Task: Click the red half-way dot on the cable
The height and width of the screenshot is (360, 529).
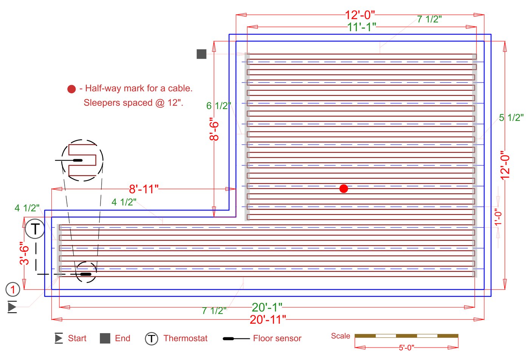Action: point(343,188)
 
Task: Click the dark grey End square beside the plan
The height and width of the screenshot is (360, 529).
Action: point(201,54)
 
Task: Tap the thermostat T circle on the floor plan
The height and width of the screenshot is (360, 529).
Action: point(35,229)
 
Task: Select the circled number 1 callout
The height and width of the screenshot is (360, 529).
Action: point(13,290)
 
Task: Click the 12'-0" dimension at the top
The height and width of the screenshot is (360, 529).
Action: point(360,15)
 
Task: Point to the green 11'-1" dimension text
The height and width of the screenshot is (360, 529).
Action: point(362,27)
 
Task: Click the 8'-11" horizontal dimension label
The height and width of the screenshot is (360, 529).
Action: point(144,189)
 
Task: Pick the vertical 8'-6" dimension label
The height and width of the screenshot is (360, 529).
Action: point(214,129)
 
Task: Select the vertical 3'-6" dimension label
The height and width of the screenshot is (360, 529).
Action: point(24,253)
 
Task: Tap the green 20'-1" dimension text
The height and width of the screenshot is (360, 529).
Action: point(267,307)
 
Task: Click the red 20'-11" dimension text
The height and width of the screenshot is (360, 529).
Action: point(268,320)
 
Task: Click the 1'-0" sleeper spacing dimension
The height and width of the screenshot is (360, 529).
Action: point(498,217)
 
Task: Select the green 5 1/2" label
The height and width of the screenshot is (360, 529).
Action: point(511,118)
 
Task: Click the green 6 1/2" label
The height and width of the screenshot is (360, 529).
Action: point(218,106)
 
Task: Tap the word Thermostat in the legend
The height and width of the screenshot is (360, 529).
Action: point(185,338)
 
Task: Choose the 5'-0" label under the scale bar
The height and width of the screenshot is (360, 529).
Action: point(406,348)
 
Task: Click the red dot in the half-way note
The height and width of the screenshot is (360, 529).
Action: point(71,89)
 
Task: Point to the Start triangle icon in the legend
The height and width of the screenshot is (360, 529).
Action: point(59,338)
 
